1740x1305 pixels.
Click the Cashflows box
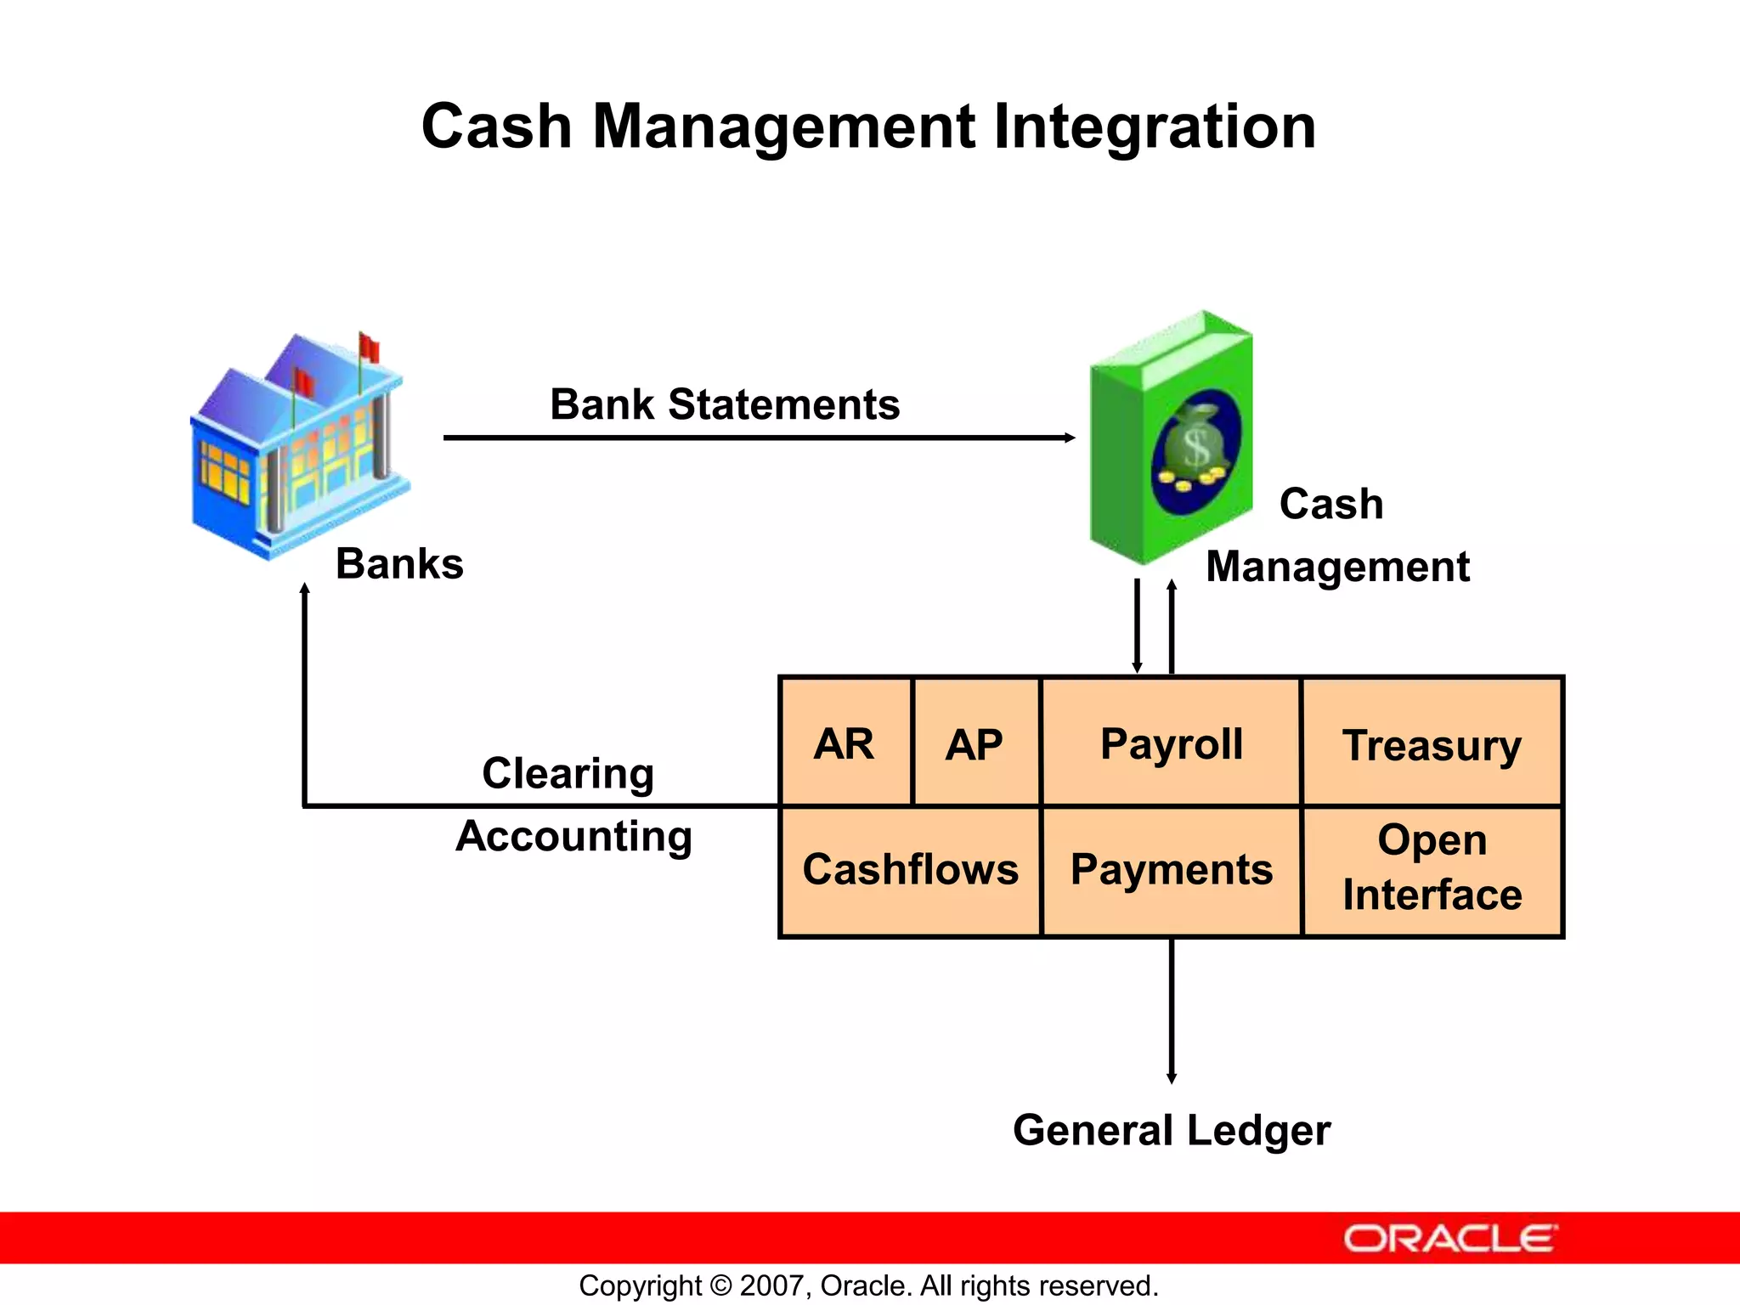910,870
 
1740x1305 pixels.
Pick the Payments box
1171,870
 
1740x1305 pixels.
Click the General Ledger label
1171,1130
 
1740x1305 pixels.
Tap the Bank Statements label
725,404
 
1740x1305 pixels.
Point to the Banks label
399,564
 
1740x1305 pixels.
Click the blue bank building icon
297,450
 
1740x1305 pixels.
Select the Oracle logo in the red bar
1449,1238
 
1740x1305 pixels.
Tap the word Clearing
568,773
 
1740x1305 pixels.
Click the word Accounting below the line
573,836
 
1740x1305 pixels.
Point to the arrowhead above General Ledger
1172,1078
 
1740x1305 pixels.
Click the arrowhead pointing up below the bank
305,588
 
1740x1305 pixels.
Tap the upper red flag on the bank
369,347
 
